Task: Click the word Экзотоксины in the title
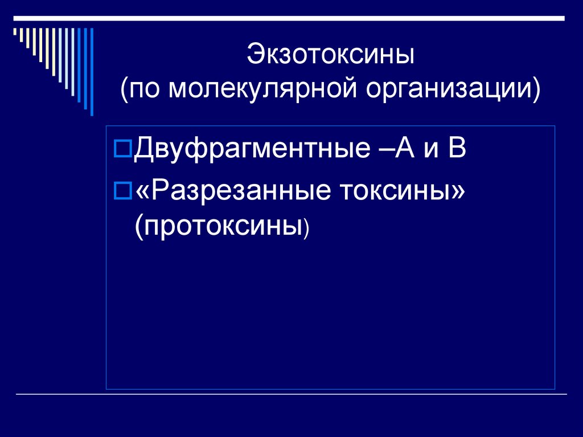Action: click(330, 56)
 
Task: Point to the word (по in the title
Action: click(142, 89)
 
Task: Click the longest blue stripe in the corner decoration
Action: click(92, 71)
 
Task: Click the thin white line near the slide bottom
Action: click(291, 394)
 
